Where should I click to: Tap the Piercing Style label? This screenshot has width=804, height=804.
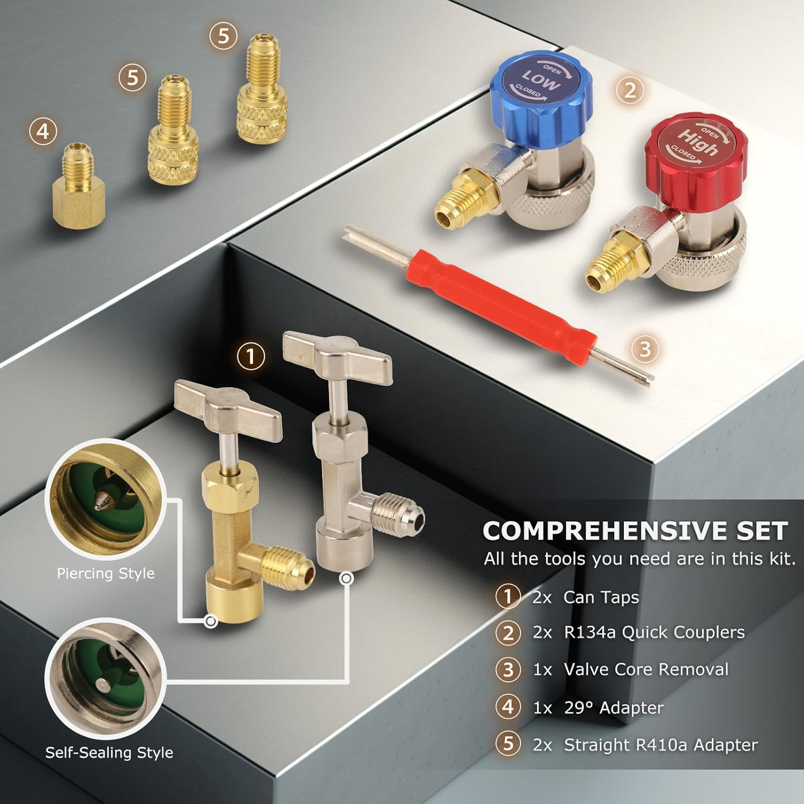[x=106, y=574]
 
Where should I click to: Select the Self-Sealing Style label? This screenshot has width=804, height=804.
[x=109, y=753]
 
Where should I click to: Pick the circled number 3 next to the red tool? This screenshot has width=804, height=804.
[x=645, y=349]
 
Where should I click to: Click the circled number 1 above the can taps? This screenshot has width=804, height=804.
[x=250, y=356]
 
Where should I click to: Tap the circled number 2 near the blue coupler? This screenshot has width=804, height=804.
[x=630, y=90]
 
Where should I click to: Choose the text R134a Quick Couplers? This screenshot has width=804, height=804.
[x=654, y=632]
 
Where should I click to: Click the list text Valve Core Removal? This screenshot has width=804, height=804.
[x=646, y=669]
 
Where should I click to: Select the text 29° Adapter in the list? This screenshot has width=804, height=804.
[x=613, y=708]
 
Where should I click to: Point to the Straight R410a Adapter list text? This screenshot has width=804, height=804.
[x=660, y=745]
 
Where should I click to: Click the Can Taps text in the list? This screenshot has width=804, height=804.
[x=601, y=597]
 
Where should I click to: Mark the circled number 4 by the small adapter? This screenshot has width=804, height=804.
[x=43, y=131]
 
